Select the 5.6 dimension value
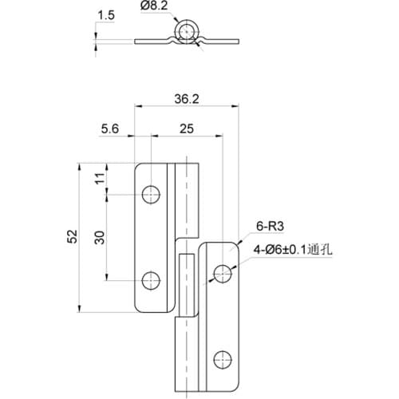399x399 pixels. [x=111, y=128]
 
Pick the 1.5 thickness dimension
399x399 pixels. [x=105, y=14]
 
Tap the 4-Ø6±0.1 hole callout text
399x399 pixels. [x=281, y=250]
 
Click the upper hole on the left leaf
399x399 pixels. [x=150, y=194]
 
